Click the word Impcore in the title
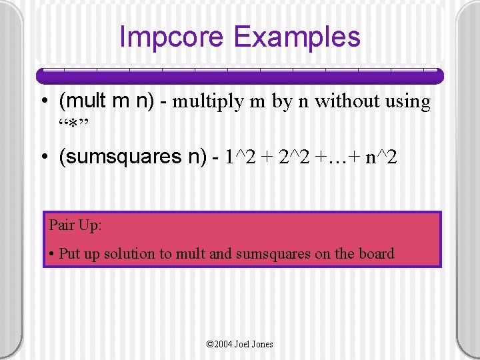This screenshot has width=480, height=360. [x=172, y=37]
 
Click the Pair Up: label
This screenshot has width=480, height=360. [x=75, y=225]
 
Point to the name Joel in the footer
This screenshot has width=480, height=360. [x=243, y=344]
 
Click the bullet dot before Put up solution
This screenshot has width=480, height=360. [x=52, y=254]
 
